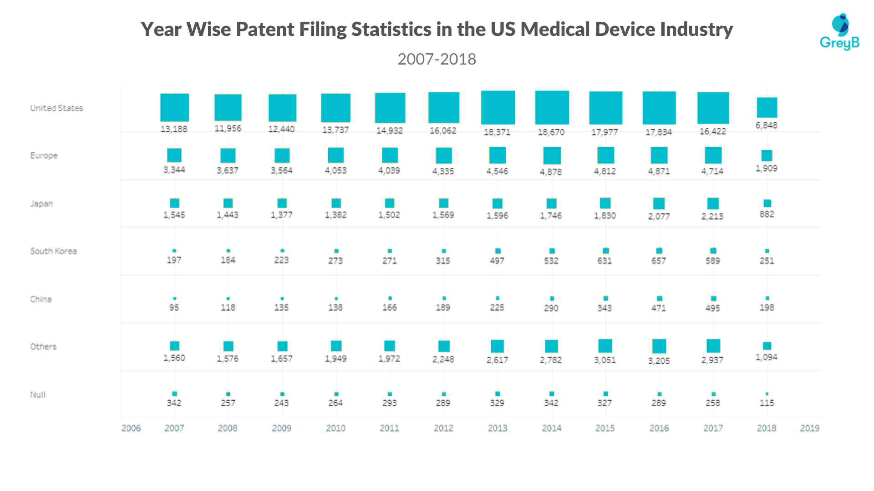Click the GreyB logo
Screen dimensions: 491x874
pyautogui.click(x=840, y=32)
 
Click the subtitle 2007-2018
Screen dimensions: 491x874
pyautogui.click(x=437, y=59)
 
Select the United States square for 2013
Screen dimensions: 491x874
pyautogui.click(x=498, y=107)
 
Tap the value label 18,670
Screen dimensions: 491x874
pyautogui.click(x=551, y=132)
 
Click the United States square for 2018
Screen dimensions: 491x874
pyautogui.click(x=767, y=107)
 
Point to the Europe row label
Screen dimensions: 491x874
pyautogui.click(x=44, y=155)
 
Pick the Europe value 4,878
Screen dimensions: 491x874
pyautogui.click(x=551, y=172)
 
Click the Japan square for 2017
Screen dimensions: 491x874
pyautogui.click(x=713, y=203)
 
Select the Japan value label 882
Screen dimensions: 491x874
pyautogui.click(x=767, y=214)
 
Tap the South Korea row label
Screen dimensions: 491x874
pyautogui.click(x=53, y=251)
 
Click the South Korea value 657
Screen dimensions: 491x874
pyautogui.click(x=659, y=261)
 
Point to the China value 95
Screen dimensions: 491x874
pyautogui.click(x=174, y=308)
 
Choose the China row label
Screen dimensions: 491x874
pyautogui.click(x=41, y=299)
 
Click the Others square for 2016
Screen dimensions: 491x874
pyautogui.click(x=659, y=346)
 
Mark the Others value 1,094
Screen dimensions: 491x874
pyautogui.click(x=767, y=357)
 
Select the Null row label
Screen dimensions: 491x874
pyautogui.click(x=38, y=395)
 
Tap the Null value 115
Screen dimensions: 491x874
pyautogui.click(x=767, y=403)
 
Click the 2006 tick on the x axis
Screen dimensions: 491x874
pyautogui.click(x=131, y=428)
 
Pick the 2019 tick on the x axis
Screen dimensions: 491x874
pyautogui.click(x=809, y=428)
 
